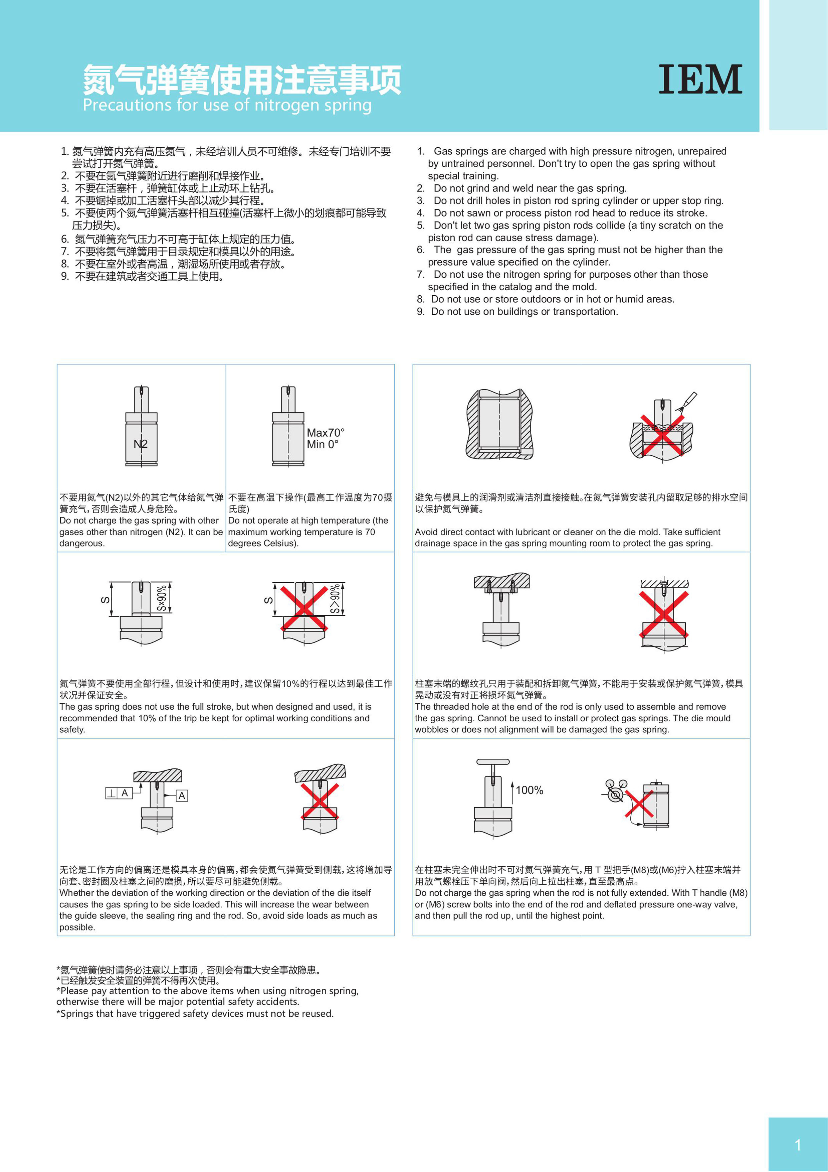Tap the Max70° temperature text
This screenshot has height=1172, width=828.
point(326,432)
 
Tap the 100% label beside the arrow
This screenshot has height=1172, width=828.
point(529,790)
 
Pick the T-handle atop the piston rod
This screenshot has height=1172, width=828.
point(493,762)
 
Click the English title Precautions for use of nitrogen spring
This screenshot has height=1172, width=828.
point(227,105)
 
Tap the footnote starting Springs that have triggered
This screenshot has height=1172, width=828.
point(195,1013)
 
